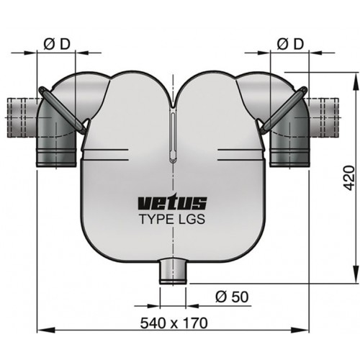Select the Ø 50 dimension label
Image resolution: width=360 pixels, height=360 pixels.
point(231,296)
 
